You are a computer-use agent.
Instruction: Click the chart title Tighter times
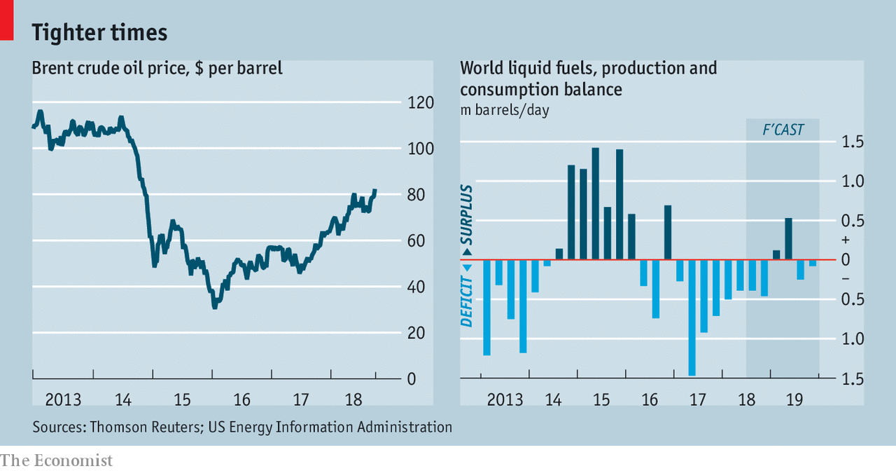point(99,32)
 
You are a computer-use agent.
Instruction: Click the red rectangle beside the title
point(6,20)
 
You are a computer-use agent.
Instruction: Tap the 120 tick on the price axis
point(421,103)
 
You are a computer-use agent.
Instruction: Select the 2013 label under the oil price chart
point(63,400)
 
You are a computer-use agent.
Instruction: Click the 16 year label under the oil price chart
point(241,400)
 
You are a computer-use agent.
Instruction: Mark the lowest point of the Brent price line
point(214,306)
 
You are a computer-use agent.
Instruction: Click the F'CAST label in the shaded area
point(783,130)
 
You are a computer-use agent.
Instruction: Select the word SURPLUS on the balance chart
point(466,214)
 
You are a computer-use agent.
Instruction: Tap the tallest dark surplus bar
point(596,203)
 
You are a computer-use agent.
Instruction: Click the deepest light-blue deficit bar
point(692,317)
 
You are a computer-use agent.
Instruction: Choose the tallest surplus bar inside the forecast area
point(788,238)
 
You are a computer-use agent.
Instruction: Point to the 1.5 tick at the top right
point(853,142)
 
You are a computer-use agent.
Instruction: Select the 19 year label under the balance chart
point(794,400)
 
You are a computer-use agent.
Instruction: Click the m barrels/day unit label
point(504,110)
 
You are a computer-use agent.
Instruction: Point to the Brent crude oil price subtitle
point(157,69)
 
